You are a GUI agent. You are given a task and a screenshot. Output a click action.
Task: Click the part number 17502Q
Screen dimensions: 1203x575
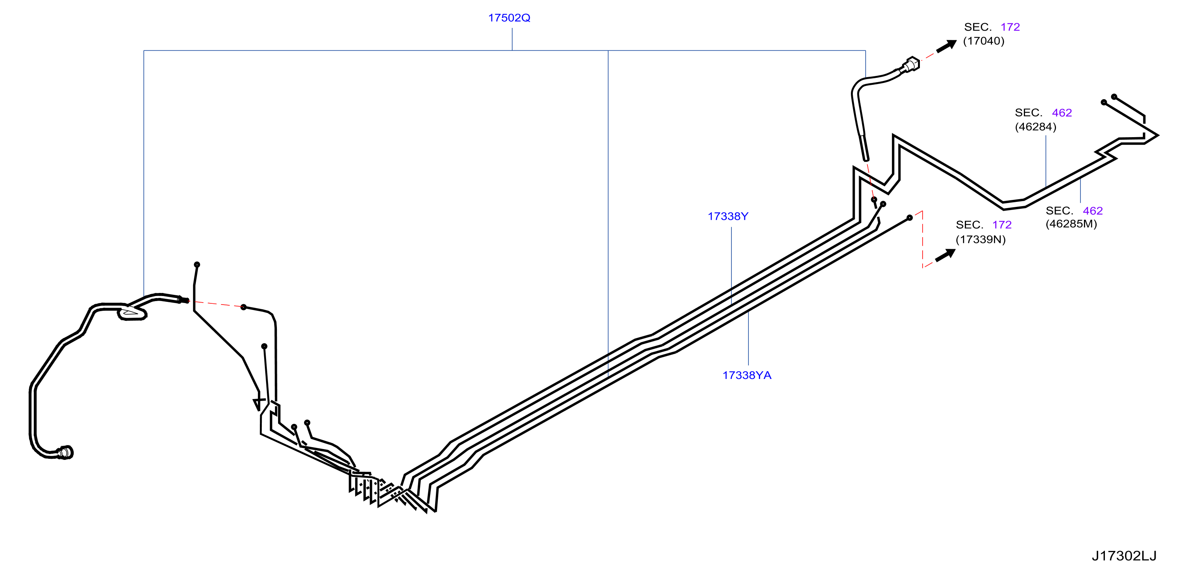click(509, 18)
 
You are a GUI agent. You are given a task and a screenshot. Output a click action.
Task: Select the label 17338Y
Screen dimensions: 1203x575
click(728, 216)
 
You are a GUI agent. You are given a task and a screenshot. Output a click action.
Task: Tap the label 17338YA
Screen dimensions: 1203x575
click(747, 375)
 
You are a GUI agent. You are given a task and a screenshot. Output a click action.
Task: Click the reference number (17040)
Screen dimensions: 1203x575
click(983, 41)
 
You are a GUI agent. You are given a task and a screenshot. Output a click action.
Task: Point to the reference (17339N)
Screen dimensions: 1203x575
click(981, 239)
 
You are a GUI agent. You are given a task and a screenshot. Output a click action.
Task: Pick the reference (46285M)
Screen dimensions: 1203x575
click(1071, 224)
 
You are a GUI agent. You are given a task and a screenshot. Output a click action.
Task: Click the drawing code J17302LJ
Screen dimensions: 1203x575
click(1123, 556)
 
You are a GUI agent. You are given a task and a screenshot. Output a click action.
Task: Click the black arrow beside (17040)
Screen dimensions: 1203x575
click(947, 46)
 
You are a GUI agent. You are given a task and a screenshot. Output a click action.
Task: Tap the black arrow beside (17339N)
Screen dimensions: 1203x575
click(945, 255)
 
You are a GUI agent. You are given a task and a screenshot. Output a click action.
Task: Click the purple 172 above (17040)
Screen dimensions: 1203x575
click(1010, 27)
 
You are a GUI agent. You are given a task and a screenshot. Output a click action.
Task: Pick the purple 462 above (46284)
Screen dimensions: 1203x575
click(1061, 113)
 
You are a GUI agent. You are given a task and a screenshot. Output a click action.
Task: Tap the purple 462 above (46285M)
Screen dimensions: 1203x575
click(1093, 211)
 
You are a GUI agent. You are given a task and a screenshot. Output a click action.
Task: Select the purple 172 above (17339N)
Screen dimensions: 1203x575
click(1002, 225)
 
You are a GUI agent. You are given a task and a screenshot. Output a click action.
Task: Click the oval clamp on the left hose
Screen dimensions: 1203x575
click(132, 313)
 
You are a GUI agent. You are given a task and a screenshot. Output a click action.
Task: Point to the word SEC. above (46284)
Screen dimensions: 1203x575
click(1028, 113)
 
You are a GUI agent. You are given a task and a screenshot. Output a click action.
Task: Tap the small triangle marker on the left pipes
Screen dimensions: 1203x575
click(259, 404)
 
